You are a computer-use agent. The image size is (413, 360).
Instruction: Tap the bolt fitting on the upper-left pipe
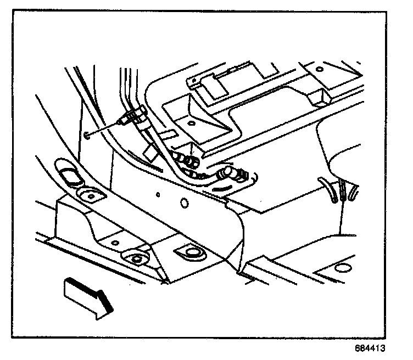[134, 116]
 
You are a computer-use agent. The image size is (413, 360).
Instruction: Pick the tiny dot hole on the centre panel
[158, 194]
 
